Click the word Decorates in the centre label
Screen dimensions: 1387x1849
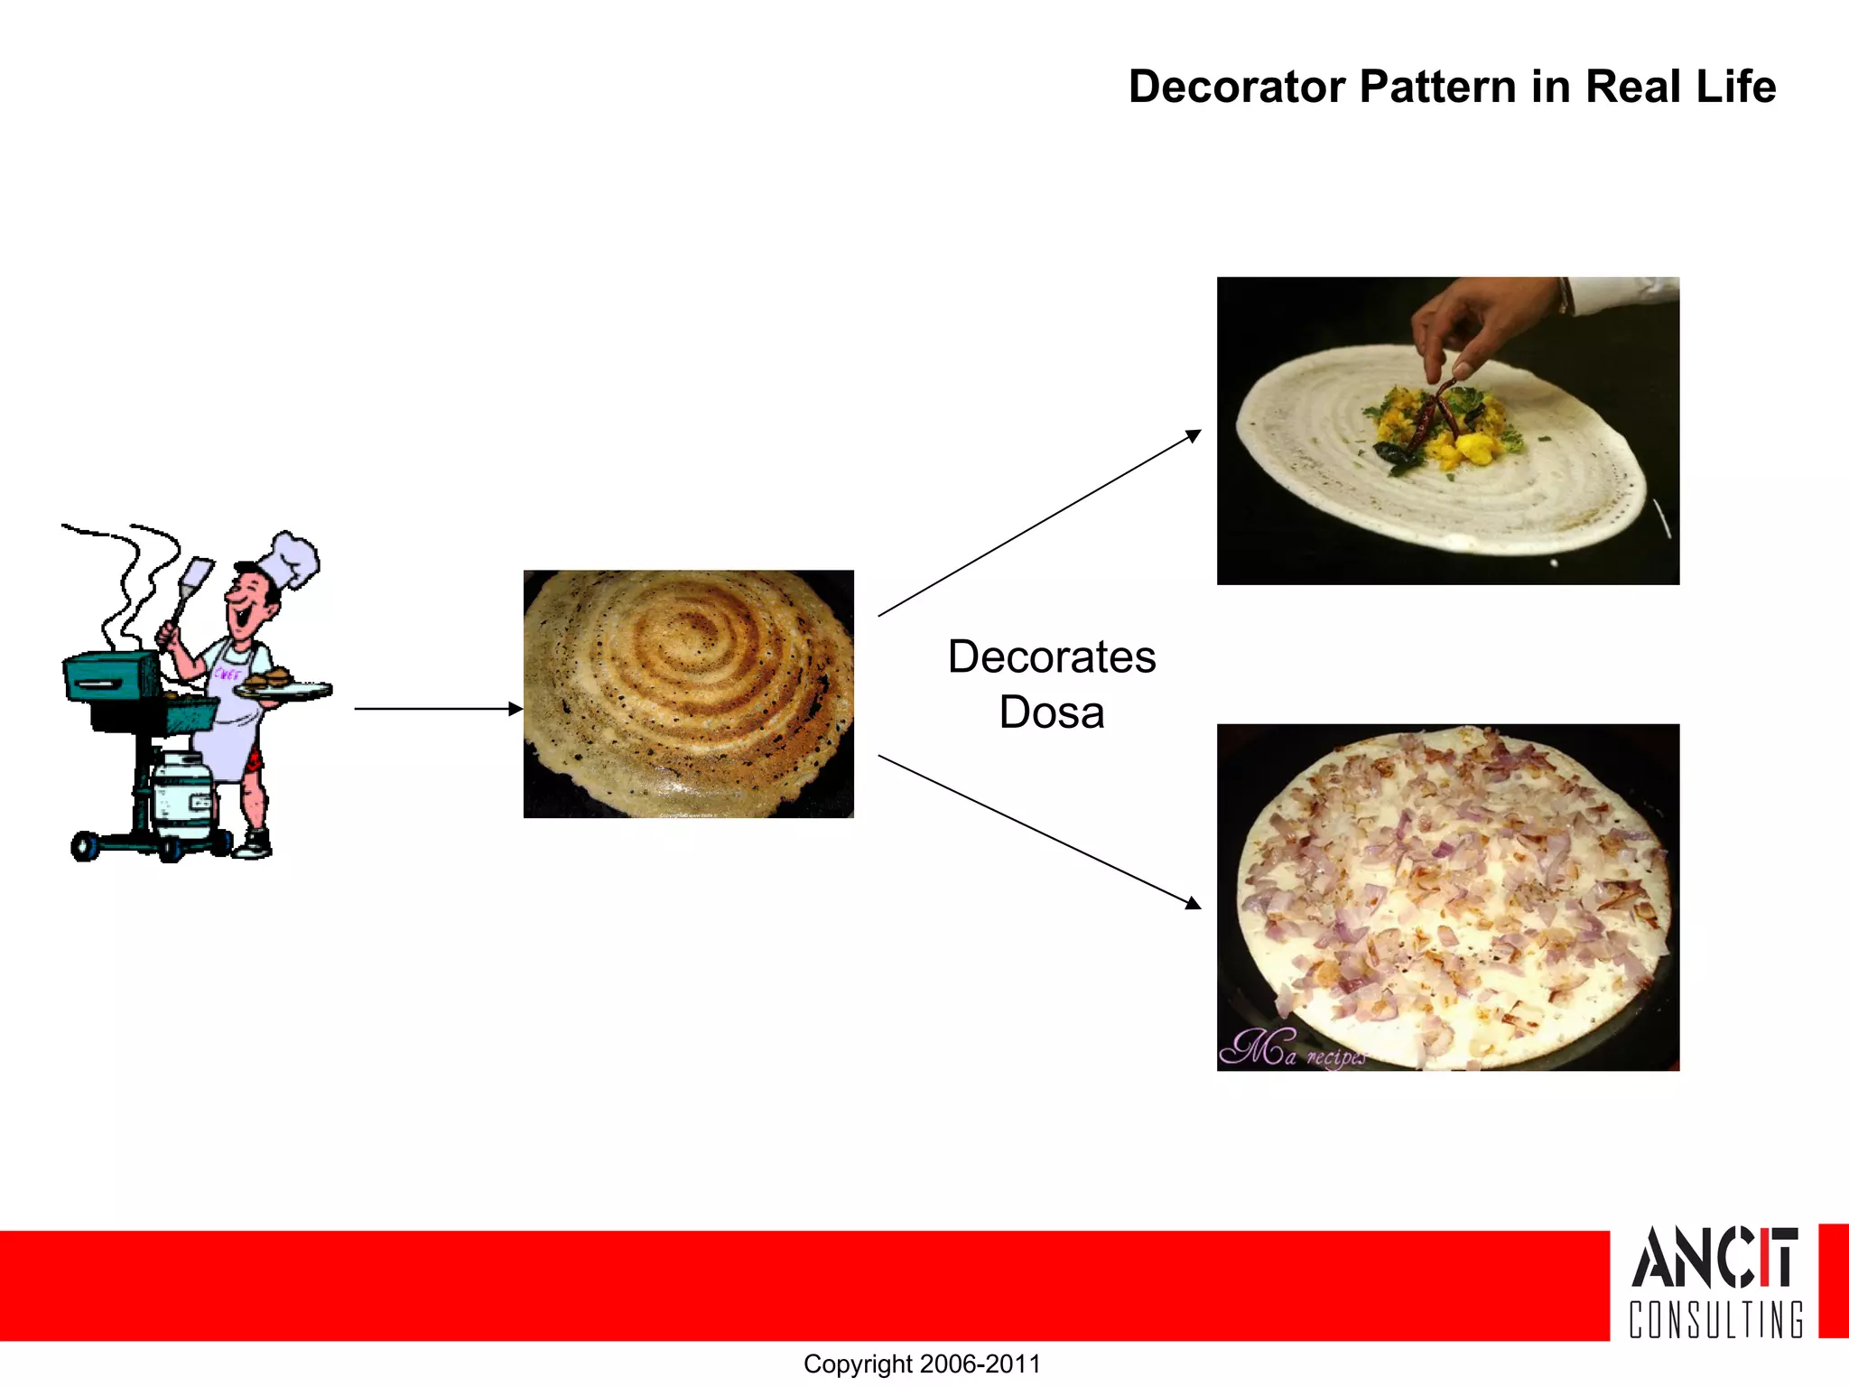(x=1052, y=656)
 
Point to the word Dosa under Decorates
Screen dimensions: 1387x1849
(x=1052, y=712)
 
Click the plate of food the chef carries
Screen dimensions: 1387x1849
(x=280, y=686)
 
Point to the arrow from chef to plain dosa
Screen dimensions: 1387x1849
(x=438, y=709)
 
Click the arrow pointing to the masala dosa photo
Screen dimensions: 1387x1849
(x=1038, y=524)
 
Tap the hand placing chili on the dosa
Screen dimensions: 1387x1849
(x=1481, y=325)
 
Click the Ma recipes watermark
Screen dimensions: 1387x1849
(x=1291, y=1049)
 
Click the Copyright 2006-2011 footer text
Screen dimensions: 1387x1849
(x=922, y=1364)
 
